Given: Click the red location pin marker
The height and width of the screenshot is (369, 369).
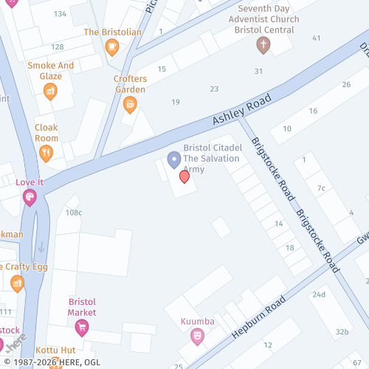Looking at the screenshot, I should [x=184, y=177].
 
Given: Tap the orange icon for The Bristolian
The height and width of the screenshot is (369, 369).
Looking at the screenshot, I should [x=111, y=48].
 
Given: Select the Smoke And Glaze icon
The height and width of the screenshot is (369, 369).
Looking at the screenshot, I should [x=50, y=91].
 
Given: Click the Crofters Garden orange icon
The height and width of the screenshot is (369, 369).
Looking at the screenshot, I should [x=130, y=104].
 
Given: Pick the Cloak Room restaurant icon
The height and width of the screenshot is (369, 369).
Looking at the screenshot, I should [x=46, y=153].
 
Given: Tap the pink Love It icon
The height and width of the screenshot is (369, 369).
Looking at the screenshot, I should [x=30, y=197].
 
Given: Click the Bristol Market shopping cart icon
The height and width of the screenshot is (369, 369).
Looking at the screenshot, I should [x=82, y=327].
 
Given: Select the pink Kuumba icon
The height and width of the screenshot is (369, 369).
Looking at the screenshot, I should [x=197, y=337].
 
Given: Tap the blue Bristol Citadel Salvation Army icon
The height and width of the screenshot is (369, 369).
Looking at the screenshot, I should [x=174, y=159].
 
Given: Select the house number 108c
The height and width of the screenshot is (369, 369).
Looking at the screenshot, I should [x=74, y=213].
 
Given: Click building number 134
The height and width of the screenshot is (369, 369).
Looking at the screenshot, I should [x=60, y=13].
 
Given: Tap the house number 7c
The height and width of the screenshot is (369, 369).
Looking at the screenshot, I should [x=320, y=188].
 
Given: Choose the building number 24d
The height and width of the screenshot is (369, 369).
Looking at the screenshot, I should [x=318, y=294].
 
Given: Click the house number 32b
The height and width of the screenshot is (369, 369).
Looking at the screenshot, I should [x=341, y=332].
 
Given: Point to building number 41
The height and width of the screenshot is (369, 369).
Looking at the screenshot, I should [x=317, y=38].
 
